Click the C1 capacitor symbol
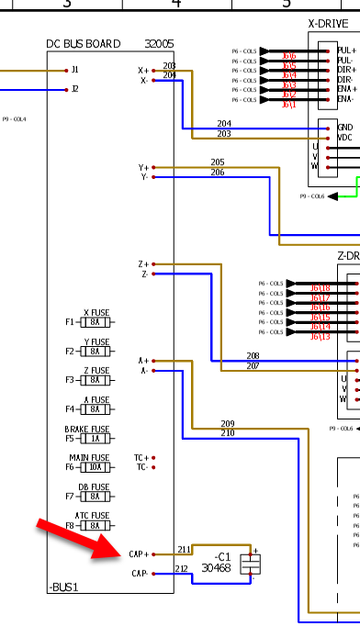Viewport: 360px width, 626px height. [246, 565]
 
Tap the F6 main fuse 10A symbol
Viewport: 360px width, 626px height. [96, 466]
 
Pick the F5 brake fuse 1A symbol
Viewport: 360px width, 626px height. [96, 438]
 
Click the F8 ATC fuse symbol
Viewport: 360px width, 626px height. [96, 525]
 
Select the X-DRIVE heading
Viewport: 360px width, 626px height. [332, 23]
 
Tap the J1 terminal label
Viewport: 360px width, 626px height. [75, 70]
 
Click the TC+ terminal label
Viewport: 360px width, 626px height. [141, 457]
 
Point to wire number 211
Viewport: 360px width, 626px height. [184, 550]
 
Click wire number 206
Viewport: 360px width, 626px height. [217, 173]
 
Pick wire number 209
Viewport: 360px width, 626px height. [228, 423]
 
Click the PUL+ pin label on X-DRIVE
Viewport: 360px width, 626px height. [347, 51]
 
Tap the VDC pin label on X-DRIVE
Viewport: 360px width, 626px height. [345, 138]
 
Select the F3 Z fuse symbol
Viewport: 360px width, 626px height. [96, 379]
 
